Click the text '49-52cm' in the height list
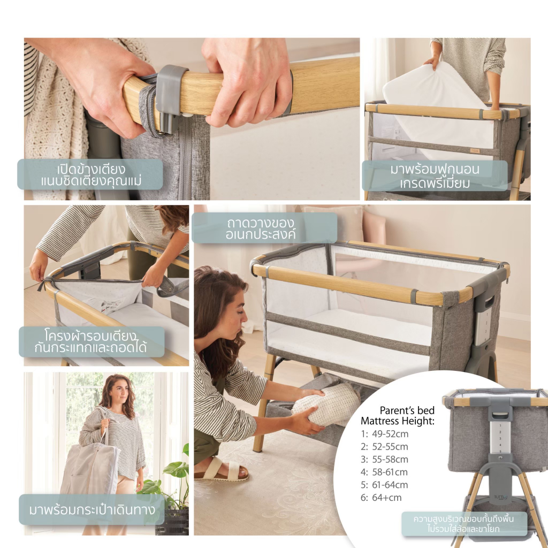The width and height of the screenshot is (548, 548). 390,434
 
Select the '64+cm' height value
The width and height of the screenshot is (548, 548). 387,498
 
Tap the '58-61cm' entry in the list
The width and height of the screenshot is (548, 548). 390,472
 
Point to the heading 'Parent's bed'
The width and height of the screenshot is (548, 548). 407,410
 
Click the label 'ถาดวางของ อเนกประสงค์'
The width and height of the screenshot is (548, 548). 261,229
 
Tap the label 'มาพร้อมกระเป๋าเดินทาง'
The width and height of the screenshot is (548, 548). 92,510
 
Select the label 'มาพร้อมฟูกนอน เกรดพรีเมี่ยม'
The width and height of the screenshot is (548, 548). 435,176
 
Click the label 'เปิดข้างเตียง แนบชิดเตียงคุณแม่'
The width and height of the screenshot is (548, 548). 91,175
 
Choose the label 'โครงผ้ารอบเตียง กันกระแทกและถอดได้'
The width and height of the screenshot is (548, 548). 90,342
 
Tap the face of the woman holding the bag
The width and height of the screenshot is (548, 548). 120,392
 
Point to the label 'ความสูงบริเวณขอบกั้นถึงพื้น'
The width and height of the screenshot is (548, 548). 464,518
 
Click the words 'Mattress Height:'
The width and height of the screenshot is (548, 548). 398,421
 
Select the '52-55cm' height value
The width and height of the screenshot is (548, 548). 390,447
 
